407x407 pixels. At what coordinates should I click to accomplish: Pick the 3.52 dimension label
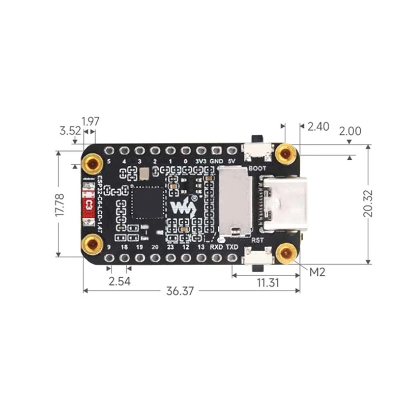pos(70,131)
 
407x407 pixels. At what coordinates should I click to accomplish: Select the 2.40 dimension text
pos(318,127)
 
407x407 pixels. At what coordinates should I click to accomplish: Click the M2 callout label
pos(317,272)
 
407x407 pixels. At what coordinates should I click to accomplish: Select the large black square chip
pos(147,202)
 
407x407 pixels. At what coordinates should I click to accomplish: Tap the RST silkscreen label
pos(257,238)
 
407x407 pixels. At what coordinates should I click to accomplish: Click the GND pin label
pos(217,162)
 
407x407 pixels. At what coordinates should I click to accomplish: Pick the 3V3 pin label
pos(201,162)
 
